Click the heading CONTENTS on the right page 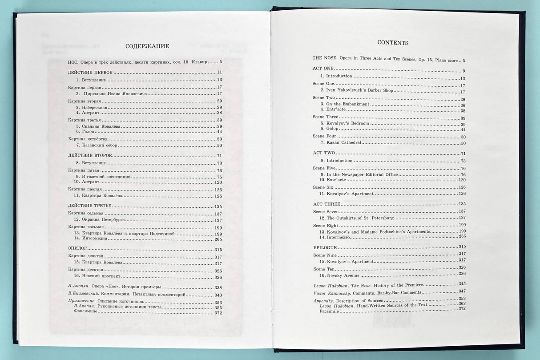(x=393, y=43)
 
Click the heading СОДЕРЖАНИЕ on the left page (x=147, y=46)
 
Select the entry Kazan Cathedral (x=344, y=143)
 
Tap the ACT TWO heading (x=323, y=153)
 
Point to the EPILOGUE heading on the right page (x=325, y=247)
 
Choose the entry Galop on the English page (x=332, y=129)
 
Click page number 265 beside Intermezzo (x=462, y=236)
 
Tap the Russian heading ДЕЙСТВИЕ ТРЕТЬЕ (x=89, y=206)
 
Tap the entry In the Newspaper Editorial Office (x=362, y=174)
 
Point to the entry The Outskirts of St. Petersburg (x=360, y=218)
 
